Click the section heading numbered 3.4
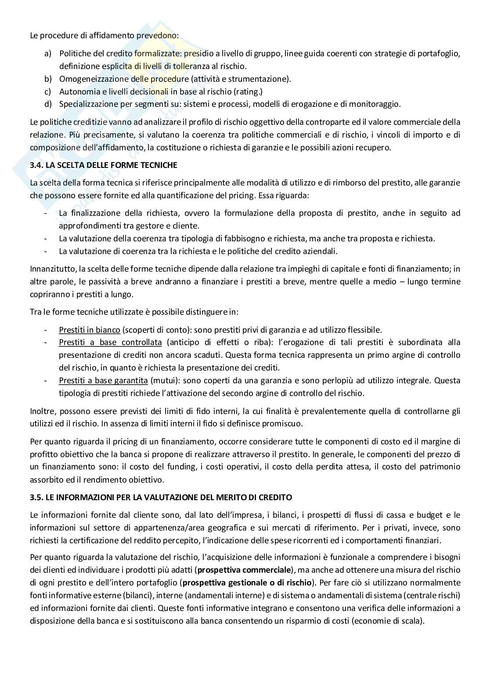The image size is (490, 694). pyautogui.click(x=104, y=165)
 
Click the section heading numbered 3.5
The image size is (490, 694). pyautogui.click(x=161, y=498)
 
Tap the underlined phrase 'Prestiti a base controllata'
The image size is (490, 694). pyautogui.click(x=110, y=342)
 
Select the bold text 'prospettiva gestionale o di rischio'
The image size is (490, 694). pyautogui.click(x=247, y=583)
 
